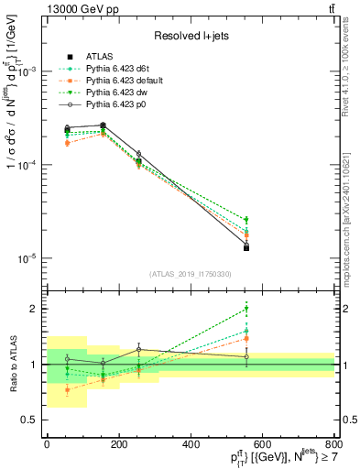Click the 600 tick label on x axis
tap(262, 444)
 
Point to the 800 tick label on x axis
tap(334, 444)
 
